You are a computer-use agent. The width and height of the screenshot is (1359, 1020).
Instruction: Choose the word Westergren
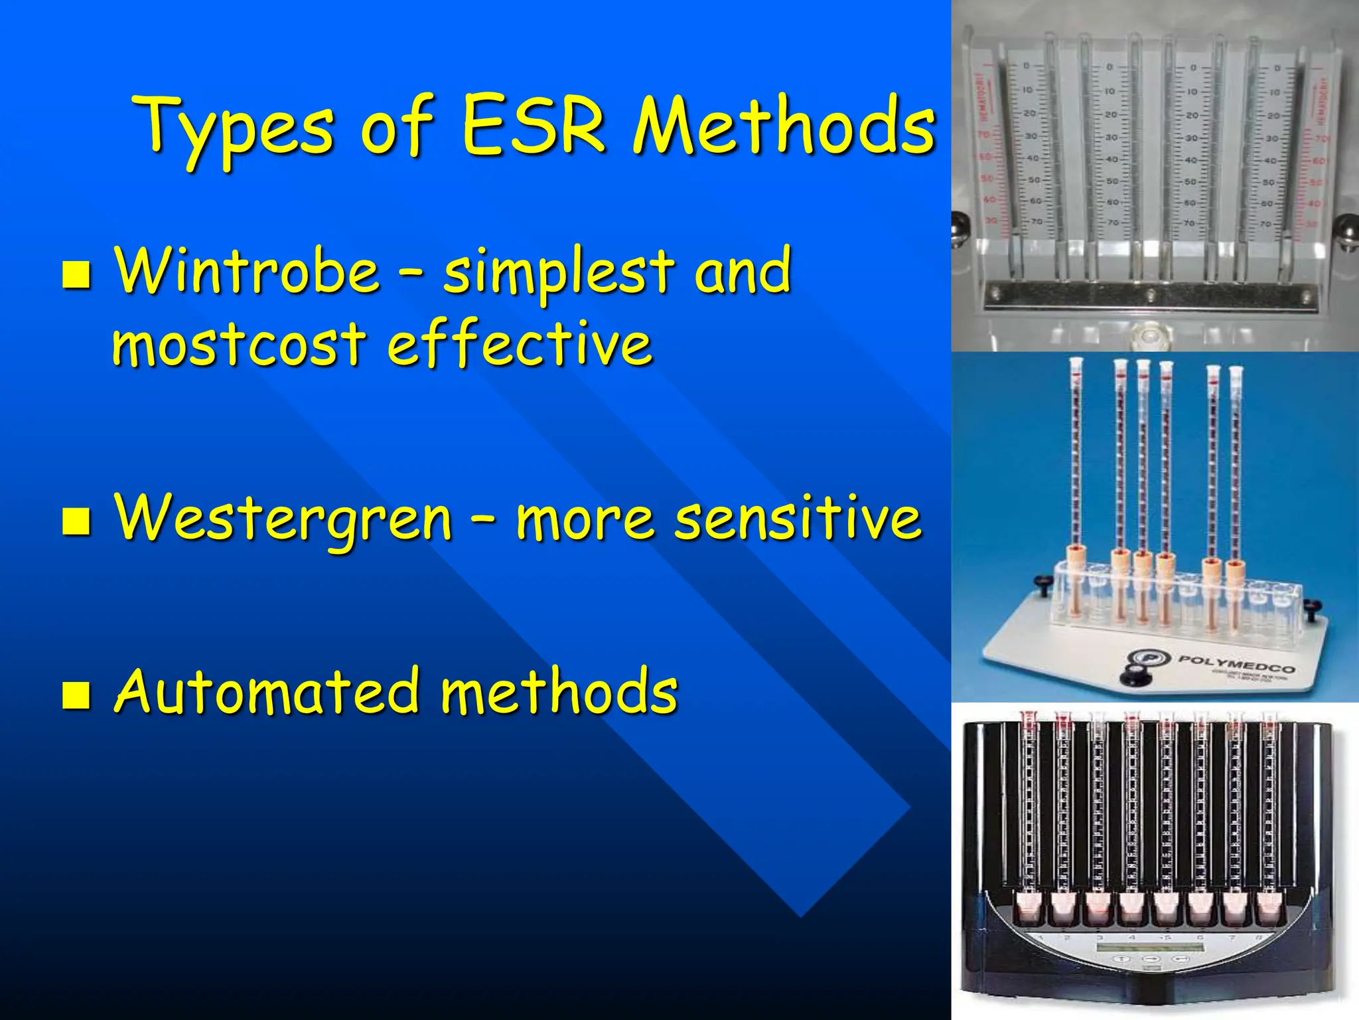283,518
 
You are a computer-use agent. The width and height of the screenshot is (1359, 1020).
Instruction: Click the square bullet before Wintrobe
76,275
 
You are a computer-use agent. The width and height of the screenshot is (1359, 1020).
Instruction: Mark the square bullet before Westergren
76,521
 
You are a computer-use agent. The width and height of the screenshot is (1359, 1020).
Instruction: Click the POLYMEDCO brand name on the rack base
1236,663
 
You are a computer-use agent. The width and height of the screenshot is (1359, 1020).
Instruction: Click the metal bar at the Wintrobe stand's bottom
1151,296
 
